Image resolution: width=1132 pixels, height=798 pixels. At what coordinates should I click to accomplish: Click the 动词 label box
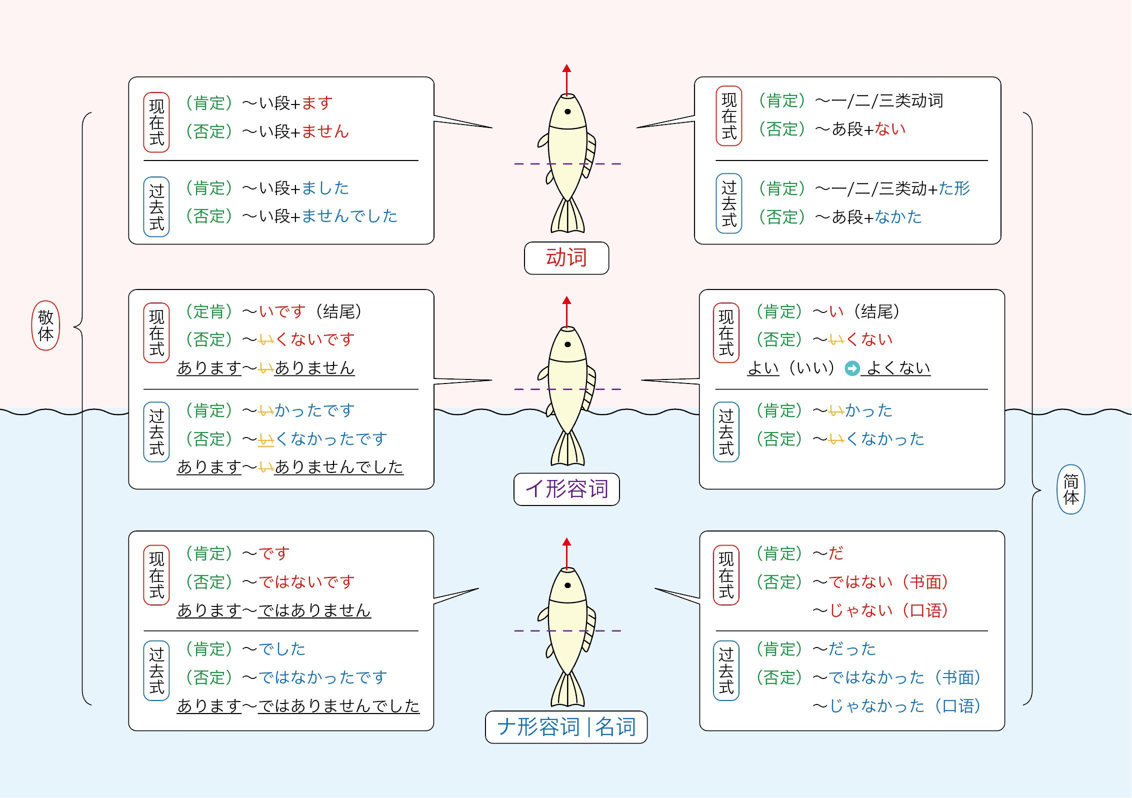[566, 258]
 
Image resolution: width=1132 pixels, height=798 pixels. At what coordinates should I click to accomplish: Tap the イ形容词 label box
[566, 489]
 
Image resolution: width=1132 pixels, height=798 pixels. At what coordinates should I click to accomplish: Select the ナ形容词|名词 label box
[566, 727]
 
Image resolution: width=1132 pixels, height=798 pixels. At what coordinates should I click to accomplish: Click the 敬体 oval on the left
[45, 325]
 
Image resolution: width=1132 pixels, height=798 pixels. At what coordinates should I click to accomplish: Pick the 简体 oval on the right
[1070, 489]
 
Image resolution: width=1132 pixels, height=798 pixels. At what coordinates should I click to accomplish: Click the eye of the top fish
[567, 111]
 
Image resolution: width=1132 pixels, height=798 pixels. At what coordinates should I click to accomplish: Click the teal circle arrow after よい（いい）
[852, 368]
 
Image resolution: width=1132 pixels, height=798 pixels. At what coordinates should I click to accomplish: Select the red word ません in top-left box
[325, 131]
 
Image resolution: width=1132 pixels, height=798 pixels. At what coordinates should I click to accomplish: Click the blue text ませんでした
[349, 216]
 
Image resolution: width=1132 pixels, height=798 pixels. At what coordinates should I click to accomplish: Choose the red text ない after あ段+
[890, 129]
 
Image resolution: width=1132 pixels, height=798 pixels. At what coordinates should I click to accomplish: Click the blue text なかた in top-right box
[898, 217]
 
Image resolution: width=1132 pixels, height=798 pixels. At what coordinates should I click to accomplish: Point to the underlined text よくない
[898, 368]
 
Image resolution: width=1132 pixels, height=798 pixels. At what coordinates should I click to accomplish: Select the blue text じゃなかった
[876, 706]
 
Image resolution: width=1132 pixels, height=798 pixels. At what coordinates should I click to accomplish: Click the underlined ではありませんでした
[338, 706]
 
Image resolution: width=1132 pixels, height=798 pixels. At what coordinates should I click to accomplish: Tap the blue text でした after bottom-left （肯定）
[281, 649]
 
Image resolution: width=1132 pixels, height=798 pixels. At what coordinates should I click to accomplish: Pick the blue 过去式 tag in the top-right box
[728, 203]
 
